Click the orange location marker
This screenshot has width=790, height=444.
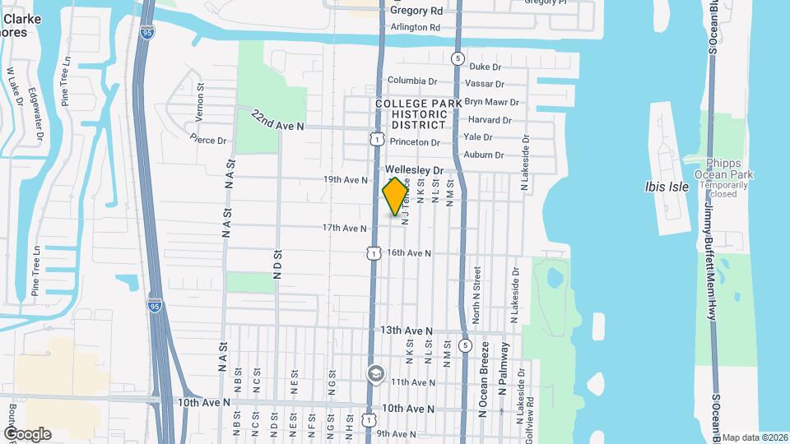(x=396, y=196)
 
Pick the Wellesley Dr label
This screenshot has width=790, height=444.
(x=415, y=170)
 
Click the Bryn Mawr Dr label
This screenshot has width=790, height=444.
(x=491, y=103)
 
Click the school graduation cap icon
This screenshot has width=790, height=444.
(x=375, y=374)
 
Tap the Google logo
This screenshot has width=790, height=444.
(x=27, y=433)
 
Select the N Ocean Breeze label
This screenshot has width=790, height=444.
(x=485, y=378)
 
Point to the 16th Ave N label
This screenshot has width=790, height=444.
(x=409, y=253)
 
